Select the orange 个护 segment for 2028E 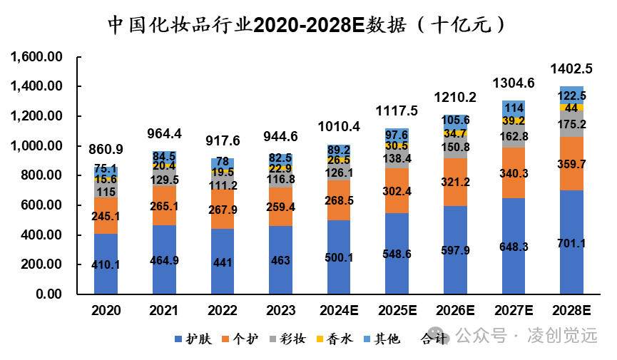click(571, 163)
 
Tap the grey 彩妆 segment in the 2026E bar click(454, 148)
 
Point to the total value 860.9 click(106, 150)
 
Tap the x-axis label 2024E click(338, 312)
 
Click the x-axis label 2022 click(222, 312)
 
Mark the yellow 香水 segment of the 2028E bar click(571, 108)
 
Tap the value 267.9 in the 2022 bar click(222, 210)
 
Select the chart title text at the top click(308, 25)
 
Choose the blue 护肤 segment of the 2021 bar click(164, 261)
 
